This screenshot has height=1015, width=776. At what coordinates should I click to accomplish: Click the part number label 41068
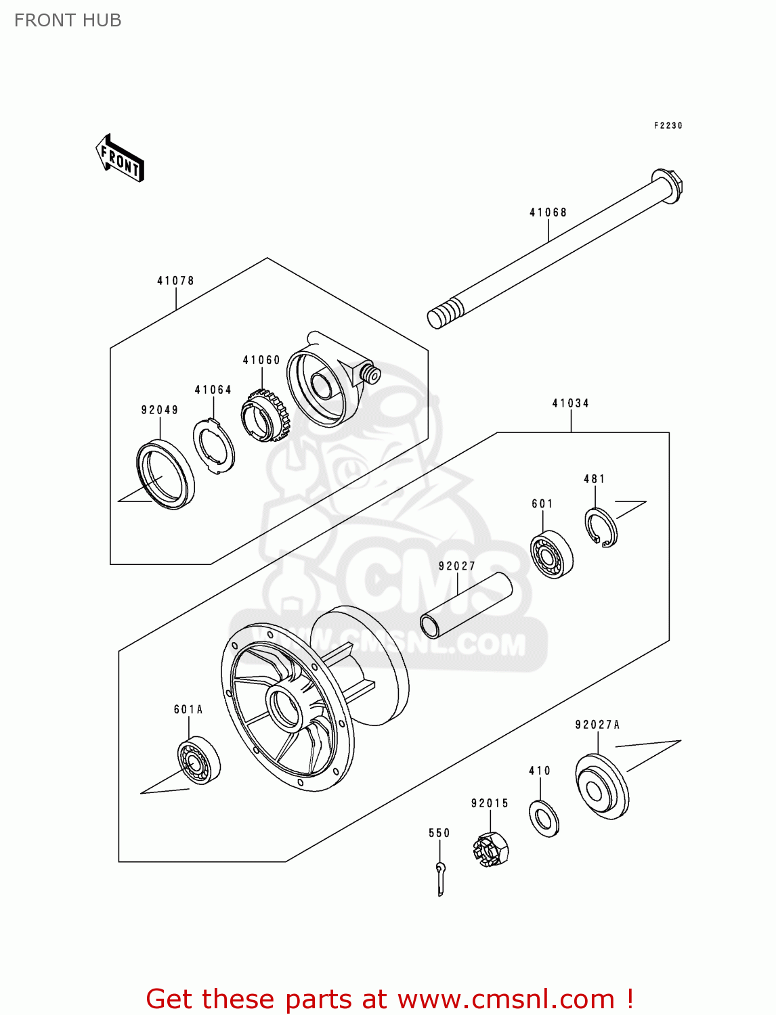(x=548, y=212)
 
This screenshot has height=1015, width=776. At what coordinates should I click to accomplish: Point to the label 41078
(x=175, y=281)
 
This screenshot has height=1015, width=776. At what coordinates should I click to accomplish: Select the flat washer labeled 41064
(x=214, y=447)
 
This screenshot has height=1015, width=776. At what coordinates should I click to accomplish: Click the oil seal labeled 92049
(x=165, y=474)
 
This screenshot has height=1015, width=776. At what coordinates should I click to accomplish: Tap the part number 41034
(x=570, y=403)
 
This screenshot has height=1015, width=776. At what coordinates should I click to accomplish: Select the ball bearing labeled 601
(x=551, y=554)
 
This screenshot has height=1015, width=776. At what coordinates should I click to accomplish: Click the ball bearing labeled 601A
(x=198, y=760)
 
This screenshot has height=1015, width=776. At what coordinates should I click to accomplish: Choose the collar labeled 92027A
(x=601, y=786)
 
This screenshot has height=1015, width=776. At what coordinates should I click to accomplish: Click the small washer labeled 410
(x=543, y=818)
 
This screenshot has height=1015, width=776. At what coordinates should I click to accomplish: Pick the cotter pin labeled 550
(x=440, y=878)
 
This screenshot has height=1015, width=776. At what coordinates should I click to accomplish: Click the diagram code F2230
(x=668, y=126)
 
